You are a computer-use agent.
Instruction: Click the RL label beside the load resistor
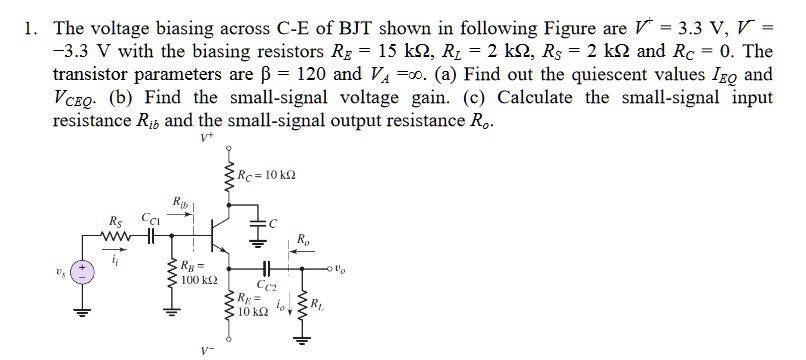tap(317, 304)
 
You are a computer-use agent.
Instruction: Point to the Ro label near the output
tap(302, 240)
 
